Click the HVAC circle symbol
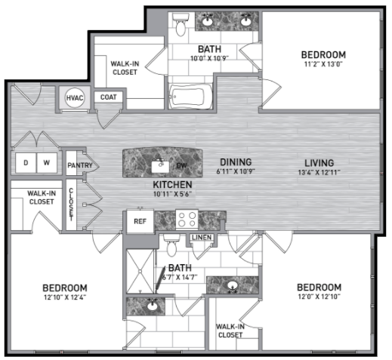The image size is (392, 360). pos(75,97)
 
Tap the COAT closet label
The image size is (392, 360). pos(109,97)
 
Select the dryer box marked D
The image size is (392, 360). pos(26,163)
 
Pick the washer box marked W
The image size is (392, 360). pos(47,163)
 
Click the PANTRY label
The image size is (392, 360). pos(80,165)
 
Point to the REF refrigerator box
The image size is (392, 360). pos(140,221)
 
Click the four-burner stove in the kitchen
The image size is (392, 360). pos(187,219)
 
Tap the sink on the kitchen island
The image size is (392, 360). pos(160,166)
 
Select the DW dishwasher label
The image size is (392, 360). pos(181,165)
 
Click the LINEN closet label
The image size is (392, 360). pos(202,237)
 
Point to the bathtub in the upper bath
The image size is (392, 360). pos(191,97)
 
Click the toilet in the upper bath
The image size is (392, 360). pos(181,24)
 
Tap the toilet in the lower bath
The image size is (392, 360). pos(171,245)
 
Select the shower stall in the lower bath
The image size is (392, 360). pos(140,272)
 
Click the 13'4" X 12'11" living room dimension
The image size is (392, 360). pos(319,172)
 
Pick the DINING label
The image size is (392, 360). pos(236,162)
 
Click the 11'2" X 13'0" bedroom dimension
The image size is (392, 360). pos(323,64)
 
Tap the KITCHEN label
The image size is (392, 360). pos(172,185)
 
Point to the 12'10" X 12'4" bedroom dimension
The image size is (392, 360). pos(65,297)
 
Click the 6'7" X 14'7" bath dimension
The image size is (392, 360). pos(180,277)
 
